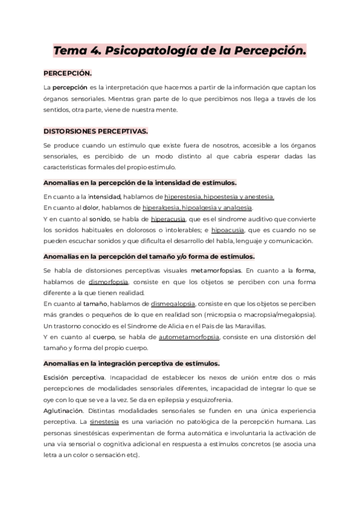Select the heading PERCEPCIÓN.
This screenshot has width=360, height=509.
pos(68,73)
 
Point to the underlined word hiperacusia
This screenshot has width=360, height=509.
pos(169,219)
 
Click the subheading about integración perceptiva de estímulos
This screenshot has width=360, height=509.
pos(131,364)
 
